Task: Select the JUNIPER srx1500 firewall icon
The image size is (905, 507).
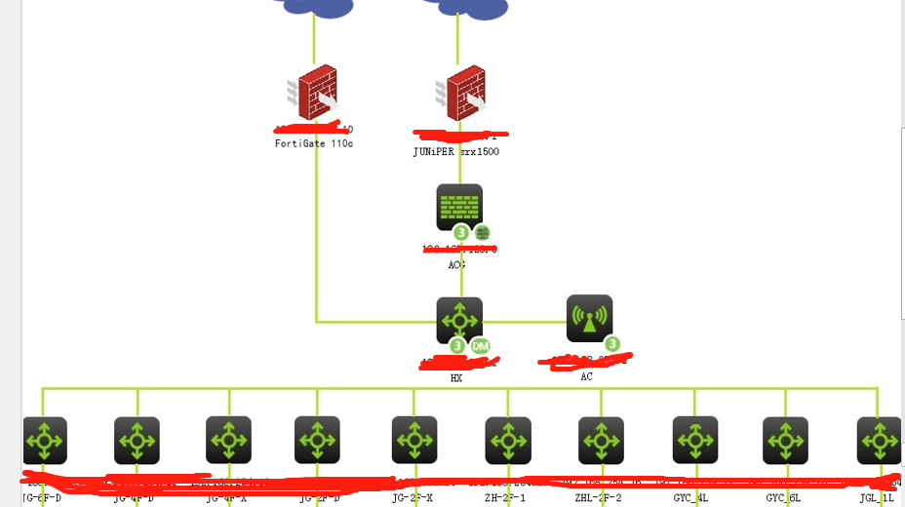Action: pos(459,95)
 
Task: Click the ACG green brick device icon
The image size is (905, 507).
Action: pos(459,208)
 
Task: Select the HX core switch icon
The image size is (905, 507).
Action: pos(459,321)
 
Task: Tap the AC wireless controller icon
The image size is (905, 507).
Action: pos(589,319)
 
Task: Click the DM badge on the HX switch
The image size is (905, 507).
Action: pos(480,346)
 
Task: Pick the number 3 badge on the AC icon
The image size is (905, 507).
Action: pos(611,343)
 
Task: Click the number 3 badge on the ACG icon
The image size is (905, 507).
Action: pos(461,233)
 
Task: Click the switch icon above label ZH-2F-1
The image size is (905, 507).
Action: pos(508,441)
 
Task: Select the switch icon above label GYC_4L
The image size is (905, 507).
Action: pos(695,440)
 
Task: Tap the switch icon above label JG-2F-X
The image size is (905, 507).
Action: pos(414,440)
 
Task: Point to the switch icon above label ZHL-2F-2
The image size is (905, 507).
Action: pos(601,441)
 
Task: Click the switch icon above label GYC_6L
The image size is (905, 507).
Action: pos(785,441)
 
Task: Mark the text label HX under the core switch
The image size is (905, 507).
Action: pos(456,378)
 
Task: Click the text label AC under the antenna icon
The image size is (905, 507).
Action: pos(586,376)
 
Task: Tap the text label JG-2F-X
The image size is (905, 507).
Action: pos(413,498)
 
